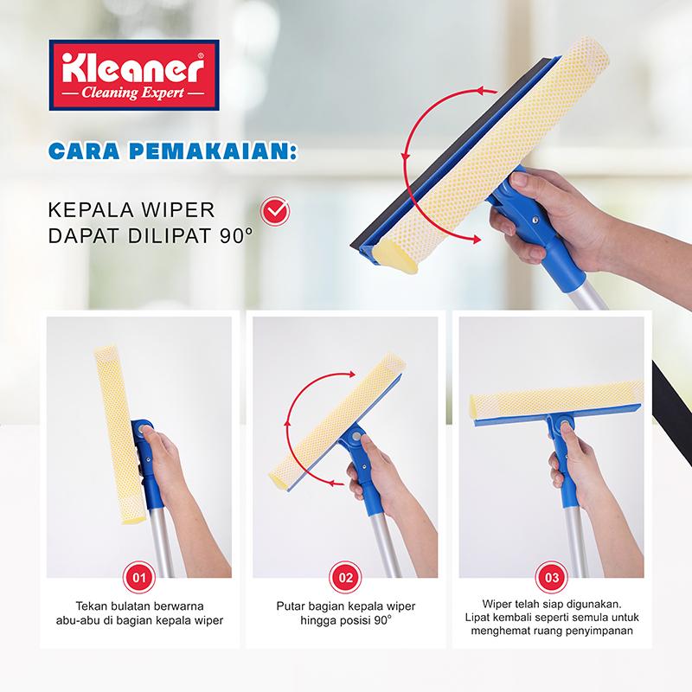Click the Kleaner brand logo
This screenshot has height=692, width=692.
[x=134, y=75]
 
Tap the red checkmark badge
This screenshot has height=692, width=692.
[x=274, y=211]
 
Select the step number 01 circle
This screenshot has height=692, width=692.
[x=139, y=577]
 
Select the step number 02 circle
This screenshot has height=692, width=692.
[x=345, y=577]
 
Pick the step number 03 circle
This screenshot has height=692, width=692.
[x=552, y=577]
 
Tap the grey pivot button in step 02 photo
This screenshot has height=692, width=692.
[x=356, y=437]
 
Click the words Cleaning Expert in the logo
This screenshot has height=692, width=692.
[x=133, y=93]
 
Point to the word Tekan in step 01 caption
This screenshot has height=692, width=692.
[x=89, y=606]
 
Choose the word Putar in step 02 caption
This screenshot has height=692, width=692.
[x=291, y=606]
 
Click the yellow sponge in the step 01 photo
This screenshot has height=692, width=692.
[x=119, y=435]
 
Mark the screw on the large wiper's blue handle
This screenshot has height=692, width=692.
[x=535, y=220]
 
